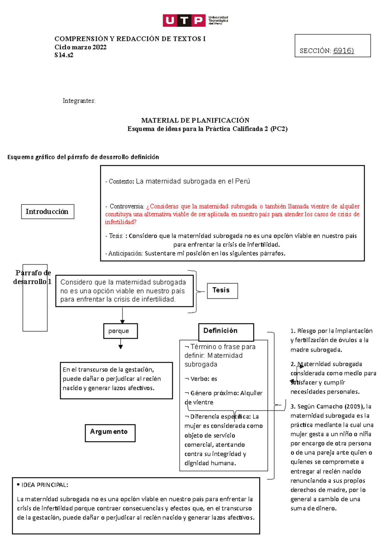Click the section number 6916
click(x=343, y=50)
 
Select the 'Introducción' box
click(x=47, y=212)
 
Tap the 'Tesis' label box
click(x=222, y=290)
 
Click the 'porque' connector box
click(x=120, y=331)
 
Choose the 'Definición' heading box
click(x=226, y=331)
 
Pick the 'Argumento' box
click(x=110, y=433)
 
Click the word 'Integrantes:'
click(x=79, y=101)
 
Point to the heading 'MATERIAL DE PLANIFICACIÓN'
click(x=195, y=120)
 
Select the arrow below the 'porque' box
click(x=120, y=344)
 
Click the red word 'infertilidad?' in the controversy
click(x=121, y=222)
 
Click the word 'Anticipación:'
click(x=126, y=253)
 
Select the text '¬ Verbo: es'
click(x=201, y=379)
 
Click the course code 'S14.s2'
click(x=64, y=55)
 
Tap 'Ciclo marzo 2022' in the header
click(x=80, y=47)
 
